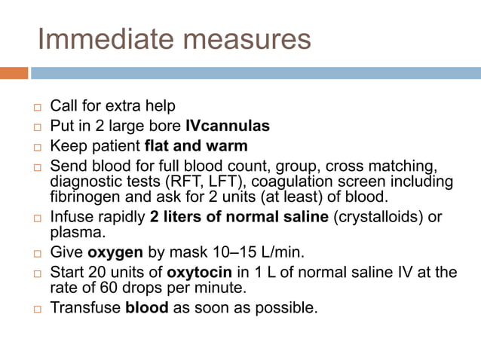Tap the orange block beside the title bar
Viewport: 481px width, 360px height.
[x=14, y=73]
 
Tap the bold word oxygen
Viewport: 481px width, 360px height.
[x=114, y=252]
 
